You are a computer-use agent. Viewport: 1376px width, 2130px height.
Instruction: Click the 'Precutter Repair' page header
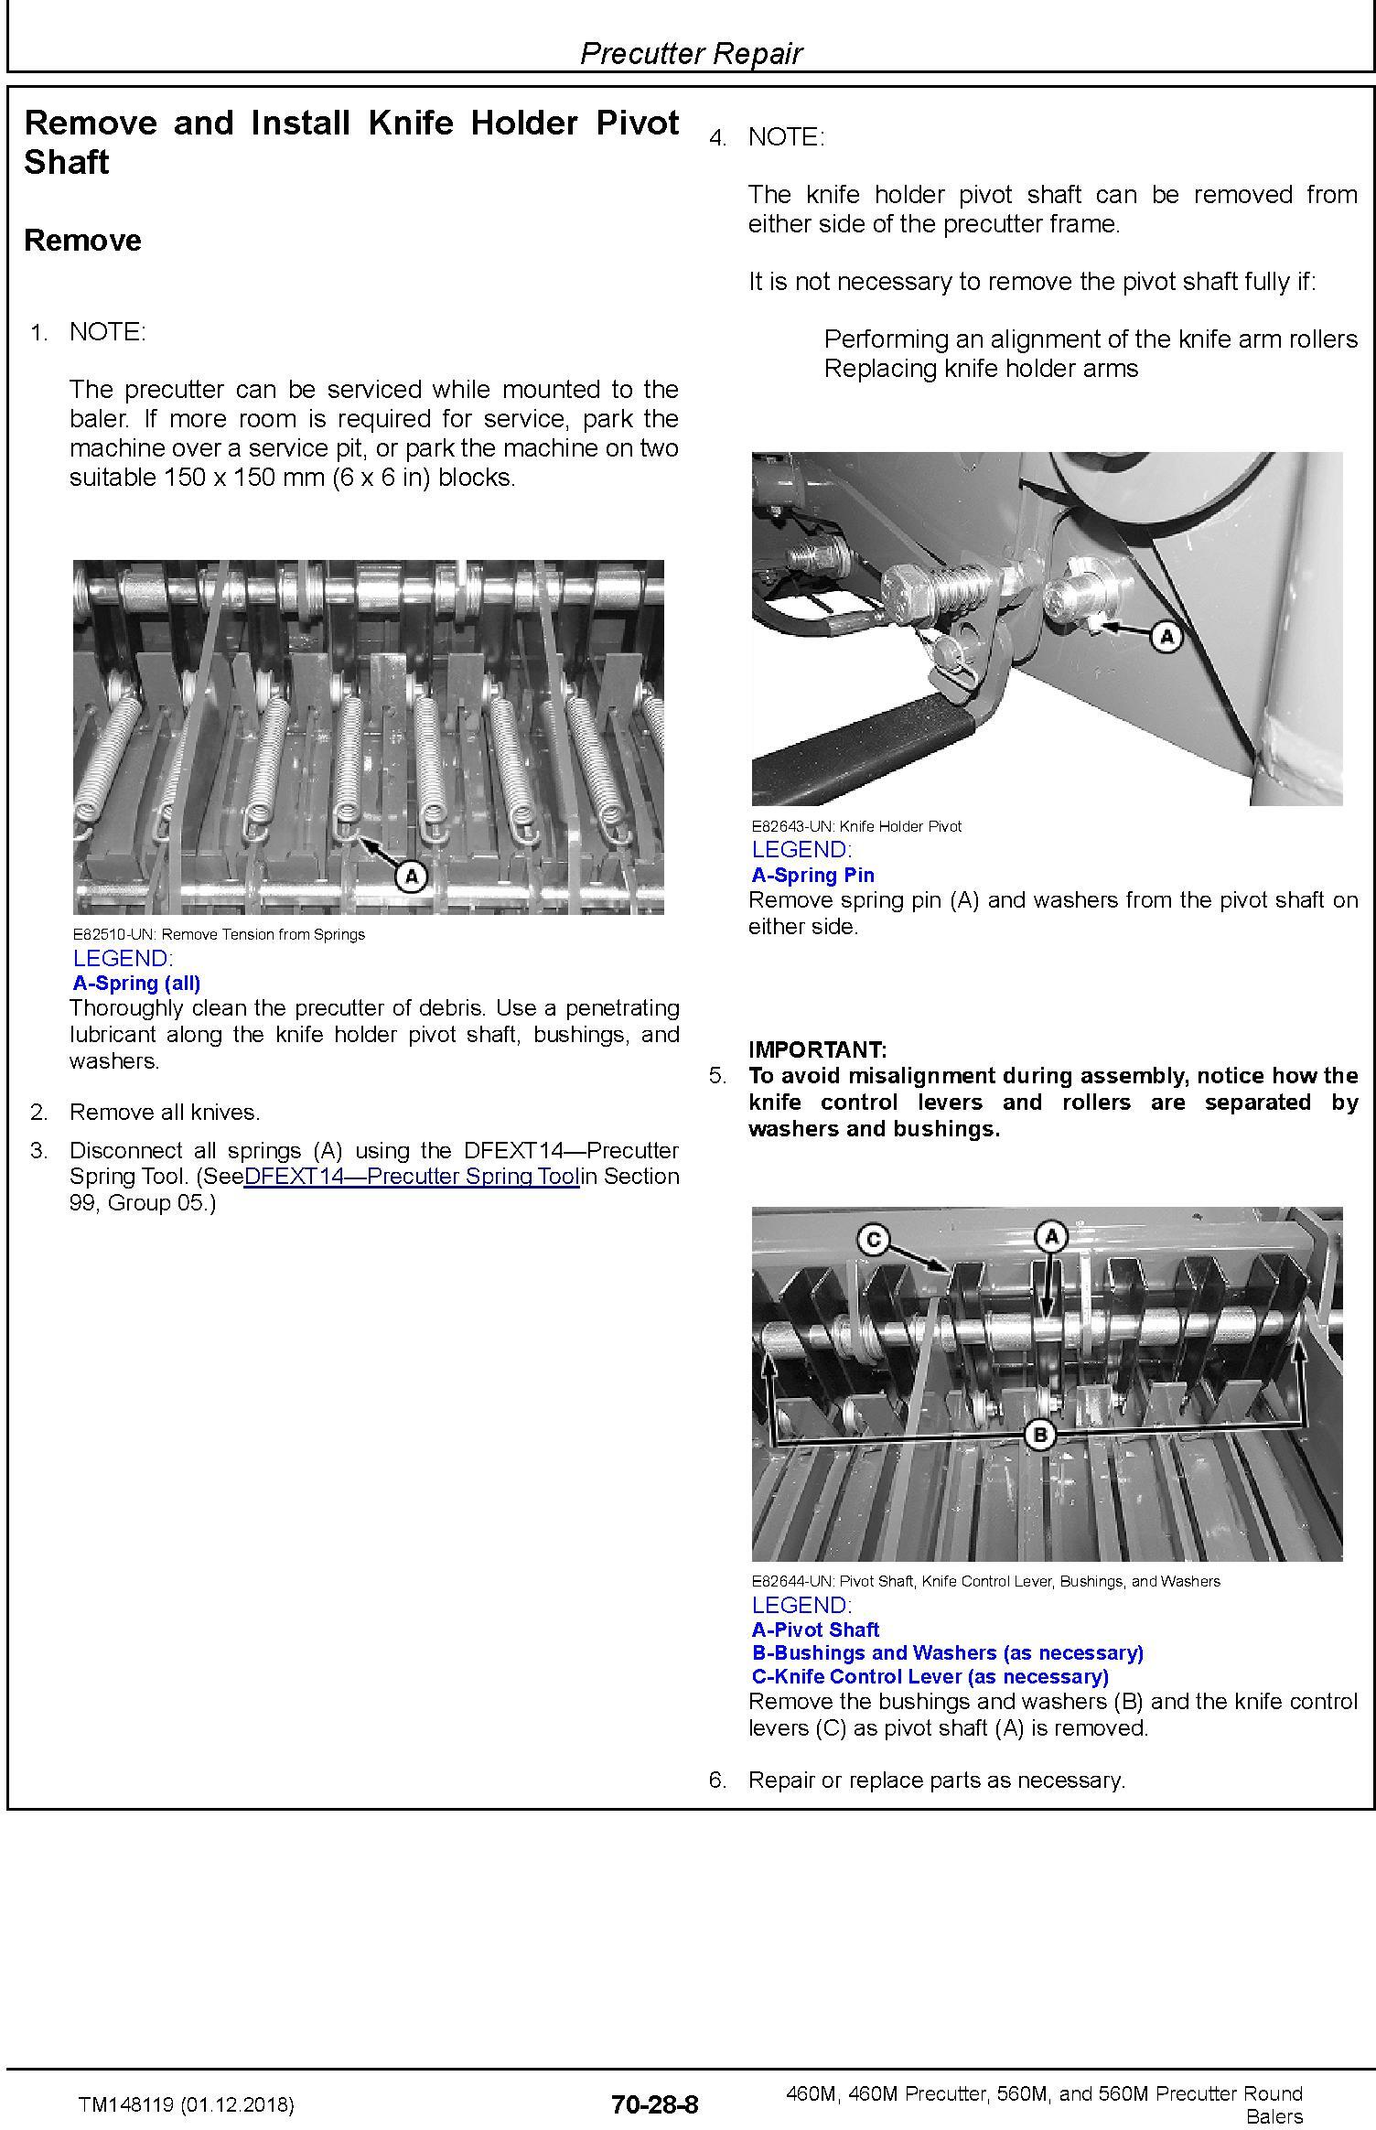(691, 53)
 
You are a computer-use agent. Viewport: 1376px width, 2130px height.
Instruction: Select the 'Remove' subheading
(82, 240)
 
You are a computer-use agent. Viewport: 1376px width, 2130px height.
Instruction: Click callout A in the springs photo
(411, 876)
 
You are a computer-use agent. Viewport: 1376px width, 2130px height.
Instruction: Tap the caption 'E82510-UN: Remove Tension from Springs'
(219, 934)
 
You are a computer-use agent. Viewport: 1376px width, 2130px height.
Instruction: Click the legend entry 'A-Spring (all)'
(136, 983)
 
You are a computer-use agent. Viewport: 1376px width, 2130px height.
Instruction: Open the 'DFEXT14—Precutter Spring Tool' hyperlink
(412, 1177)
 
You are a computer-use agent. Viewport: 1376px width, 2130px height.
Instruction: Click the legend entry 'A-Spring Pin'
(812, 875)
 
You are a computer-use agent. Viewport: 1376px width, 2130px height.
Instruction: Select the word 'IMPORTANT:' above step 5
(817, 1049)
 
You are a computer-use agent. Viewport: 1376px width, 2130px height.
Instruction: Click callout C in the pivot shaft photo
(873, 1240)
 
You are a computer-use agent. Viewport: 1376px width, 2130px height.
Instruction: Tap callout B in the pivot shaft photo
(1039, 1435)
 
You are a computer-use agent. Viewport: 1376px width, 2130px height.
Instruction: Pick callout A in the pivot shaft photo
(1051, 1237)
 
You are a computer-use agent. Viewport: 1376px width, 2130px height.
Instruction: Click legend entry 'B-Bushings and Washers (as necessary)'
(947, 1652)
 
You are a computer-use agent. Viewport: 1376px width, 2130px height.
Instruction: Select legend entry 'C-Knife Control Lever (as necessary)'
(930, 1676)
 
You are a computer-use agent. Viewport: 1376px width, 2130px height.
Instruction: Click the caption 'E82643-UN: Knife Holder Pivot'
(856, 826)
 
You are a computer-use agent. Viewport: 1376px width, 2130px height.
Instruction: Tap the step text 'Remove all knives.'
(165, 1112)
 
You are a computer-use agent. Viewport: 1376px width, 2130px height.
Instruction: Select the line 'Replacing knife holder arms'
(981, 369)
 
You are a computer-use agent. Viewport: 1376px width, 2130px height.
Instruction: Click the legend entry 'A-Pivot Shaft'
(815, 1629)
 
